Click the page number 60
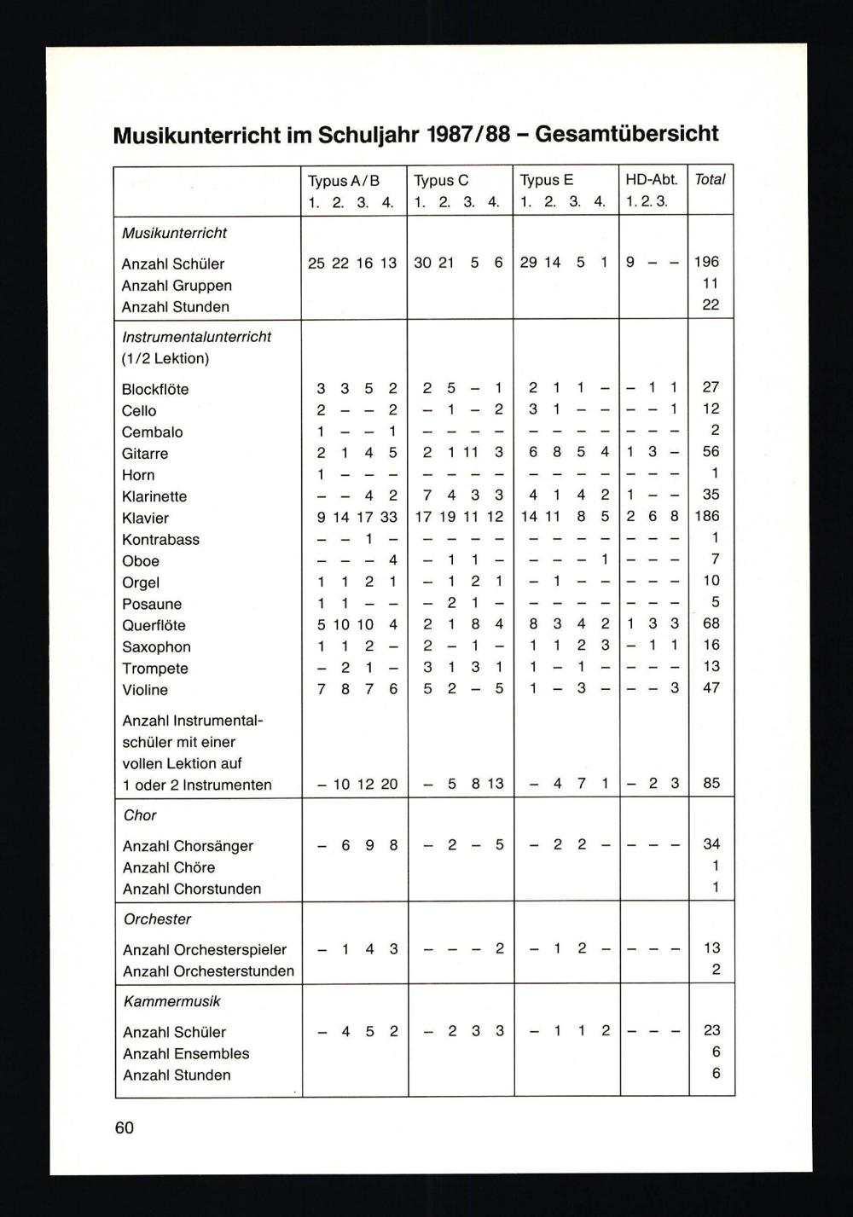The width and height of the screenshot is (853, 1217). click(x=125, y=1127)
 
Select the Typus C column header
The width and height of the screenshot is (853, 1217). click(x=441, y=181)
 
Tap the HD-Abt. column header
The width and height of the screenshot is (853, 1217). click(x=651, y=180)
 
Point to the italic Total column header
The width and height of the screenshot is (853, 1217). click(x=710, y=180)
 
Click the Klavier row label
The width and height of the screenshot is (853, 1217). click(x=145, y=518)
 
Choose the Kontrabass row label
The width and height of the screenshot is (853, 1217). click(x=160, y=540)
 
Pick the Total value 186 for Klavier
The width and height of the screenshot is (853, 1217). click(x=707, y=516)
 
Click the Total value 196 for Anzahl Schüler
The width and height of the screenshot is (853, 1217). click(x=707, y=262)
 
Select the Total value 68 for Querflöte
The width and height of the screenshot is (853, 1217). click(x=711, y=623)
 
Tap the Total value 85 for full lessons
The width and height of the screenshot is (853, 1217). click(x=711, y=783)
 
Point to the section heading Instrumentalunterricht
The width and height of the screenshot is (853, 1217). click(x=196, y=337)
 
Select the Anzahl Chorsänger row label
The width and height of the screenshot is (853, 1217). click(x=188, y=846)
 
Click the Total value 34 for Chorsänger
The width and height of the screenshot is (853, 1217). click(x=711, y=844)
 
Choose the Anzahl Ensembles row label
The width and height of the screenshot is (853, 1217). click(x=186, y=1054)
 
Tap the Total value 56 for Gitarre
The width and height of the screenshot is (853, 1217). click(x=711, y=451)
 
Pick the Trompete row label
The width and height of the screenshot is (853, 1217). click(x=154, y=669)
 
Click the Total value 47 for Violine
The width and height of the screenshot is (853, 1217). click(x=711, y=687)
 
